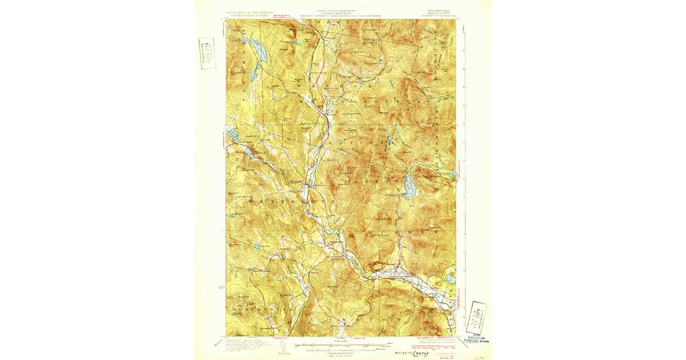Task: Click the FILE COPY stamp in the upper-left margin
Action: click(x=206, y=53)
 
